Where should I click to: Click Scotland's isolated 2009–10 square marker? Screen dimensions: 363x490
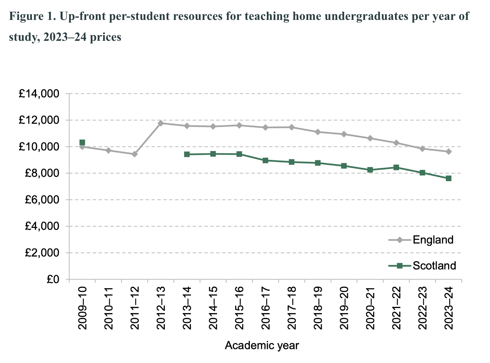[x=82, y=142]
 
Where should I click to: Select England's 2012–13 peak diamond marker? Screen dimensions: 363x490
[x=161, y=123]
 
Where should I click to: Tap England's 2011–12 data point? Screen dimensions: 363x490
[x=134, y=154]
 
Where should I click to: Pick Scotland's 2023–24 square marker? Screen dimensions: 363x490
[x=449, y=178]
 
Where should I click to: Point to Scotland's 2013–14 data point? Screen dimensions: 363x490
[x=187, y=154]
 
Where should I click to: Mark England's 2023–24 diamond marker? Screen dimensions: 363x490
[x=449, y=151]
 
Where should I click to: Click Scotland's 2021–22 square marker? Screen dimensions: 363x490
[x=396, y=167]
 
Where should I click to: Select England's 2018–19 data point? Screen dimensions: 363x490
[x=318, y=132]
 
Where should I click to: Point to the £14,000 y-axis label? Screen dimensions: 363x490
[x=39, y=94]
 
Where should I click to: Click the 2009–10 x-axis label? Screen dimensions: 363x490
[x=82, y=308]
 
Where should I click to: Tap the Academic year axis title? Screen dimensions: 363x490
[x=262, y=345]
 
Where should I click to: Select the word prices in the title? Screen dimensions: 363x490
[x=105, y=37]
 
